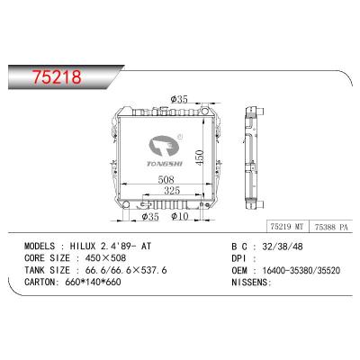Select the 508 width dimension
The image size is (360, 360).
(157, 179)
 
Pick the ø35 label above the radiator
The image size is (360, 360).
(180, 100)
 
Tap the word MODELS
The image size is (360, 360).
(42, 245)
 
